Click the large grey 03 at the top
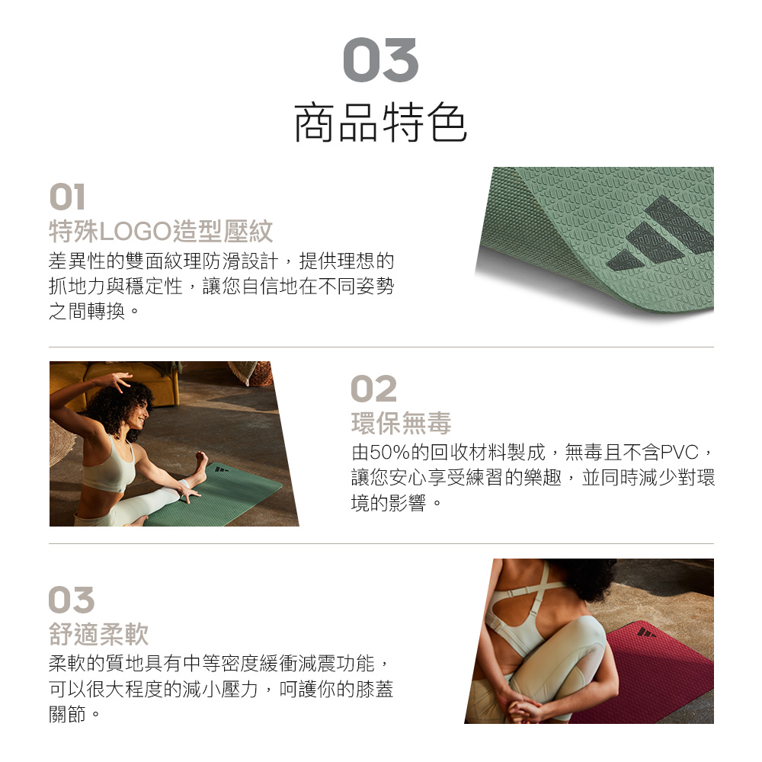380,59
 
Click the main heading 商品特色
380,123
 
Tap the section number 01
68,197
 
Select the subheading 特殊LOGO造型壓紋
161,231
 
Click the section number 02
373,389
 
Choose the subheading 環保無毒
401,423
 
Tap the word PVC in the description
679,453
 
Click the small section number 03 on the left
72,600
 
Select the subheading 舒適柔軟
98,634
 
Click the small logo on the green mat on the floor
221,468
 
